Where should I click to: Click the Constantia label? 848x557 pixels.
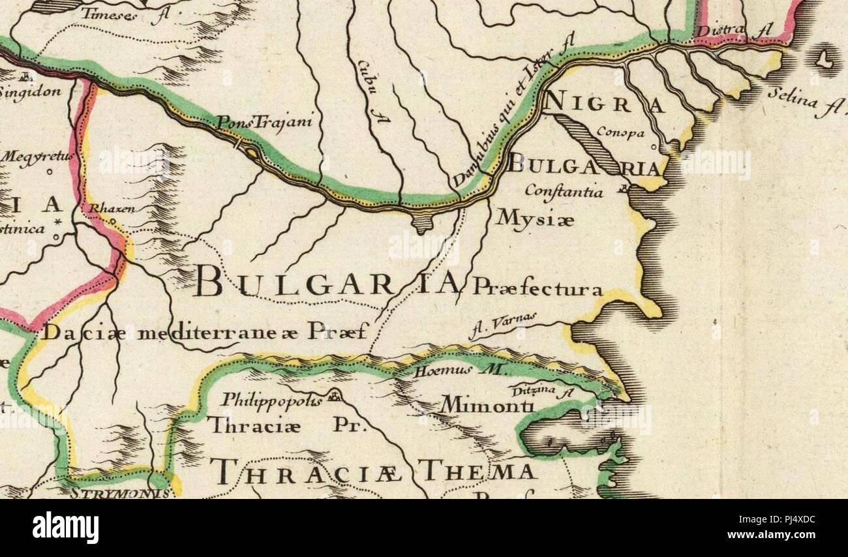pos(564,192)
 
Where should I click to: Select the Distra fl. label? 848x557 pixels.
pos(732,31)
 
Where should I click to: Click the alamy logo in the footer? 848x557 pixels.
pos(66,527)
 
